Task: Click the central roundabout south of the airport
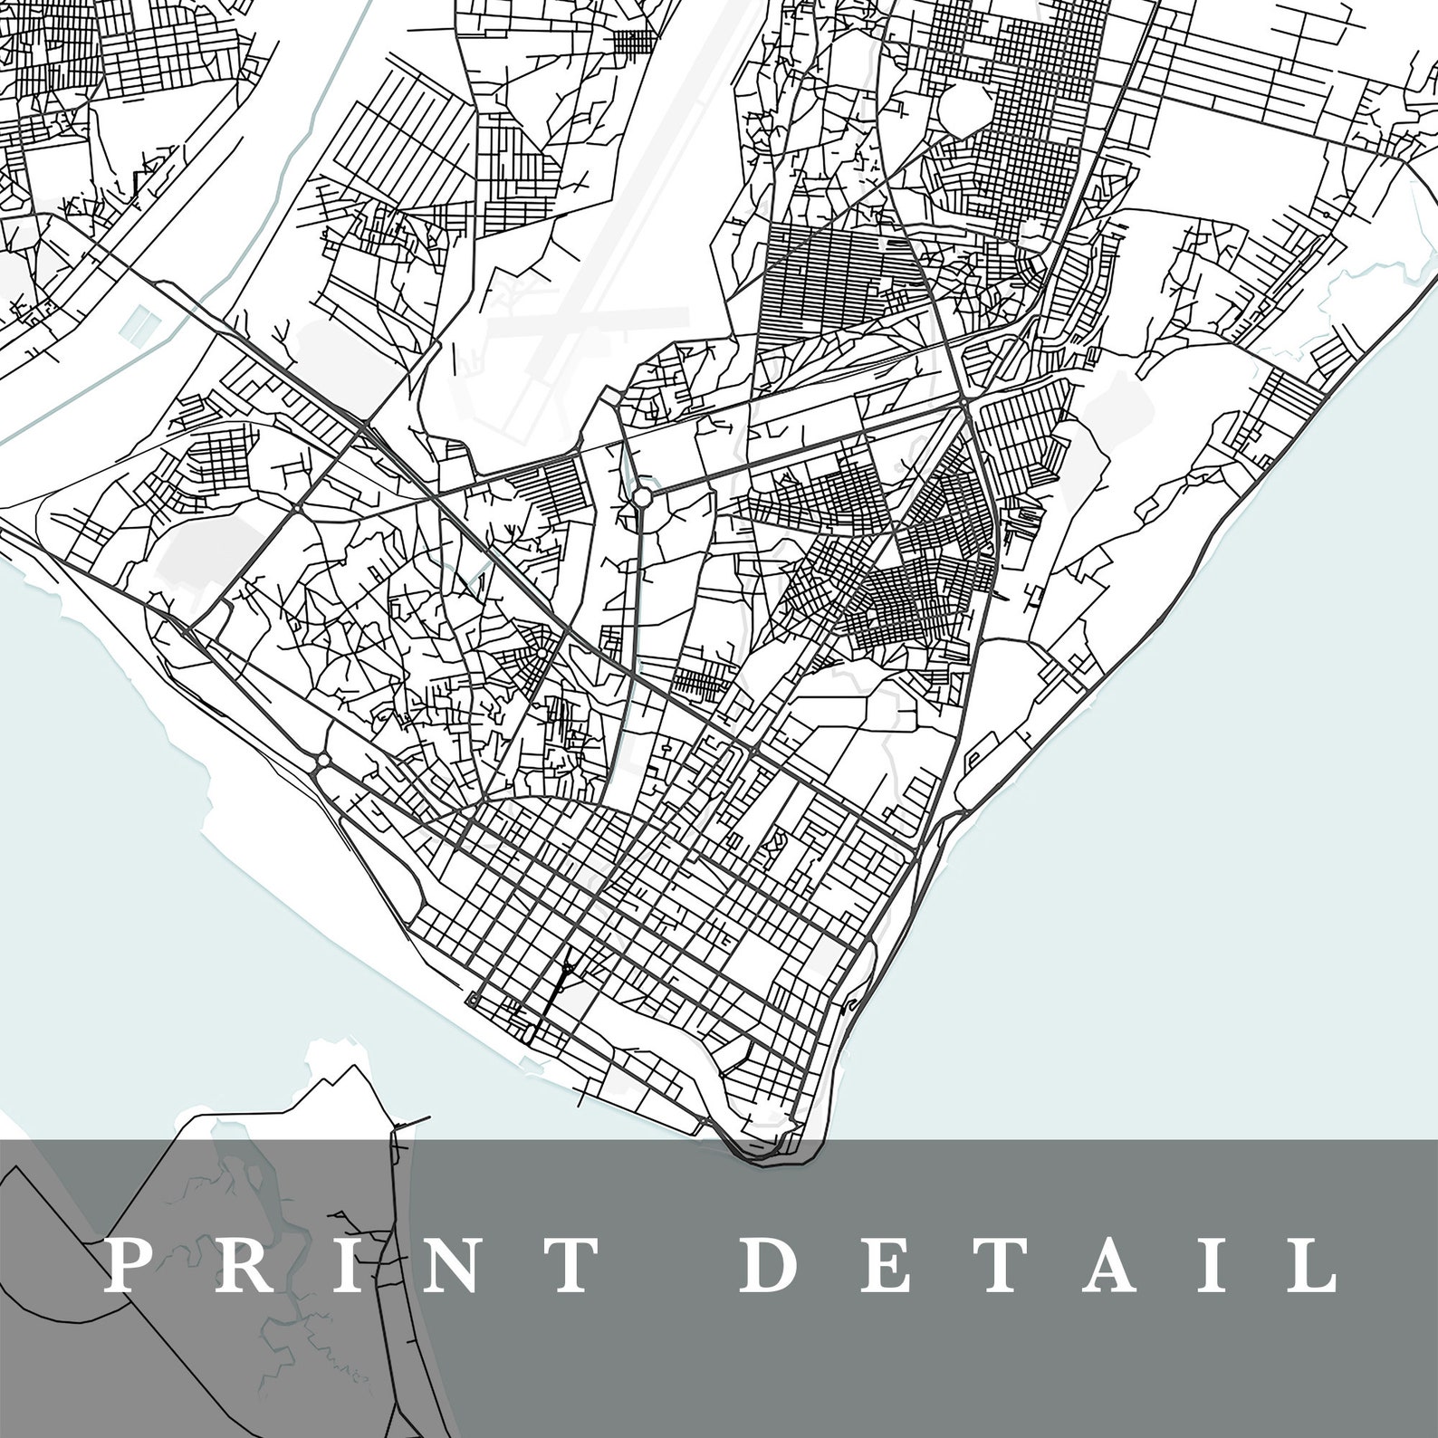click(x=641, y=495)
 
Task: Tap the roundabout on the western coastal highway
click(x=320, y=766)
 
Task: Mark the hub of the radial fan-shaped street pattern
click(x=541, y=653)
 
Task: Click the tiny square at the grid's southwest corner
click(x=473, y=1000)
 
